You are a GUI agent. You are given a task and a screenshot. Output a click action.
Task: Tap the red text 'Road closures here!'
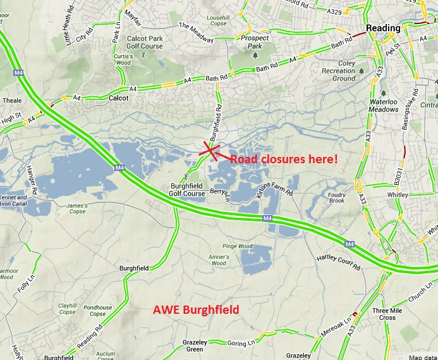click(283, 159)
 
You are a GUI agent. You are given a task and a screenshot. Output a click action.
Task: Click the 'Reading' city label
click(384, 28)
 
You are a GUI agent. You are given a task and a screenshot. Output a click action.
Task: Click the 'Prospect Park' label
click(255, 42)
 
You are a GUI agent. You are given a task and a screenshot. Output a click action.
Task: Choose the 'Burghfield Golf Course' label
click(187, 190)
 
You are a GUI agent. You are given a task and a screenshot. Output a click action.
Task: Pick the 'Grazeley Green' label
click(194, 345)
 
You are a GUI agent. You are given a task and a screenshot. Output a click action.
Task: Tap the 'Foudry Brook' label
click(338, 197)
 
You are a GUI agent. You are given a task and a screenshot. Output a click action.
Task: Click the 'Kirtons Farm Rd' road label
click(276, 187)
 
